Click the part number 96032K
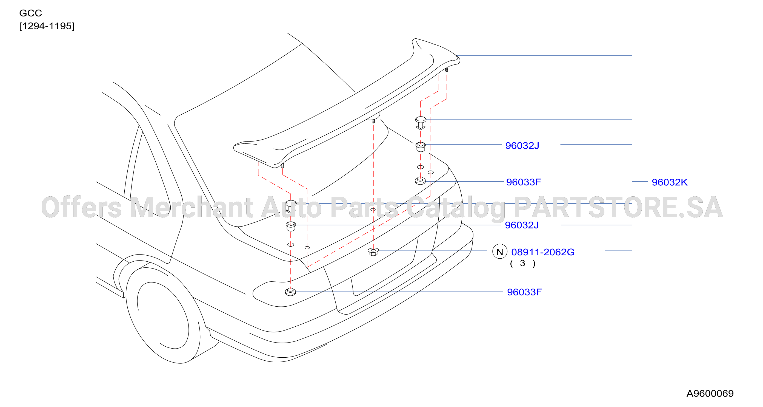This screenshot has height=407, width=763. click(x=669, y=182)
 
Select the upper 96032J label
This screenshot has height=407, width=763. click(x=522, y=146)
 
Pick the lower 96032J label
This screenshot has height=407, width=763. click(x=522, y=225)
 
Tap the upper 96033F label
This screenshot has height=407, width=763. click(x=523, y=182)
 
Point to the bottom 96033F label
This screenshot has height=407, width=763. click(x=524, y=292)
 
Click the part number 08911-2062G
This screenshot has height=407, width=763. click(x=543, y=252)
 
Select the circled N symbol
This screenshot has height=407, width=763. click(x=500, y=251)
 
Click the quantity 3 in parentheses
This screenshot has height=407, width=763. click(x=522, y=263)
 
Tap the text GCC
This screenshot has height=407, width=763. click(x=30, y=13)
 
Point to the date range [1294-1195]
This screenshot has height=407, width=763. click(x=47, y=26)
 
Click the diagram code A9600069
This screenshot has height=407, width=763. click(x=710, y=393)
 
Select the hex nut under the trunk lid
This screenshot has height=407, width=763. click(x=373, y=252)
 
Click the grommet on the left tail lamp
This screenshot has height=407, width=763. click(x=290, y=292)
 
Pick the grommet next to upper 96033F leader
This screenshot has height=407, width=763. click(x=420, y=180)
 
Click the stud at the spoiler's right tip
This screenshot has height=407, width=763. click(x=447, y=70)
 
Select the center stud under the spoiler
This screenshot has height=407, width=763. click(x=373, y=121)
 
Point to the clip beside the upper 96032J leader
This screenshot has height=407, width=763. click(x=421, y=147)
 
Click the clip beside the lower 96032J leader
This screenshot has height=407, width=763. click(x=291, y=226)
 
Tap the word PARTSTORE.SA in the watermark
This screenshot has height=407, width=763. click(x=618, y=208)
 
